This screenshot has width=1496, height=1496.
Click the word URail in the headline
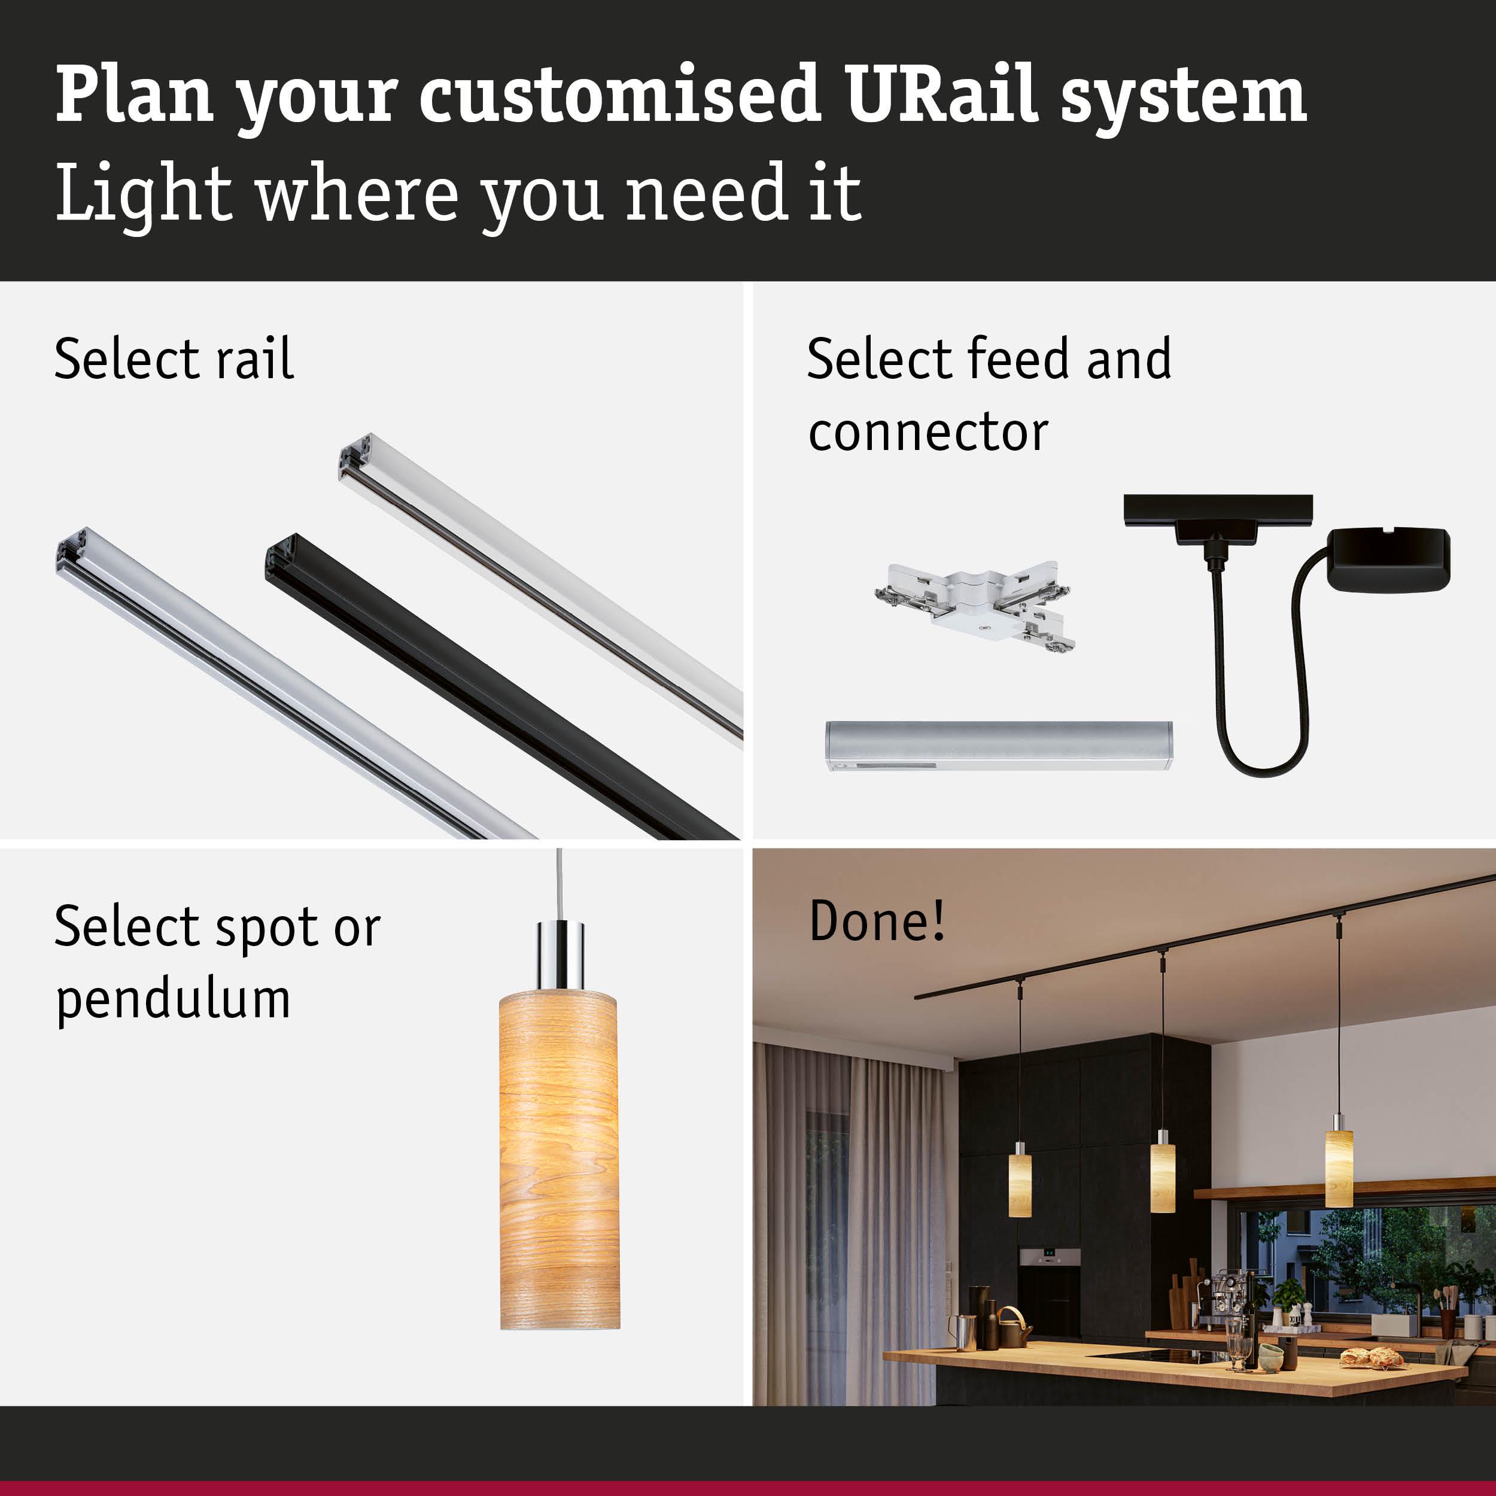[x=941, y=95]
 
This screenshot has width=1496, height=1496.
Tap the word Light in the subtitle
[x=143, y=193]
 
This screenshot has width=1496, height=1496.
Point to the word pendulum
[x=174, y=1000]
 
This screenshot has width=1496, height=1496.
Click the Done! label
[x=877, y=921]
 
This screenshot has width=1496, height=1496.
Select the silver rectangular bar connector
[x=998, y=745]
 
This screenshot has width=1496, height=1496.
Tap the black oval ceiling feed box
[x=1388, y=559]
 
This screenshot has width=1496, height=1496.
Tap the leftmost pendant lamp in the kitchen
[x=1020, y=1184]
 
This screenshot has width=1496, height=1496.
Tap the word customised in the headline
[x=619, y=95]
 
